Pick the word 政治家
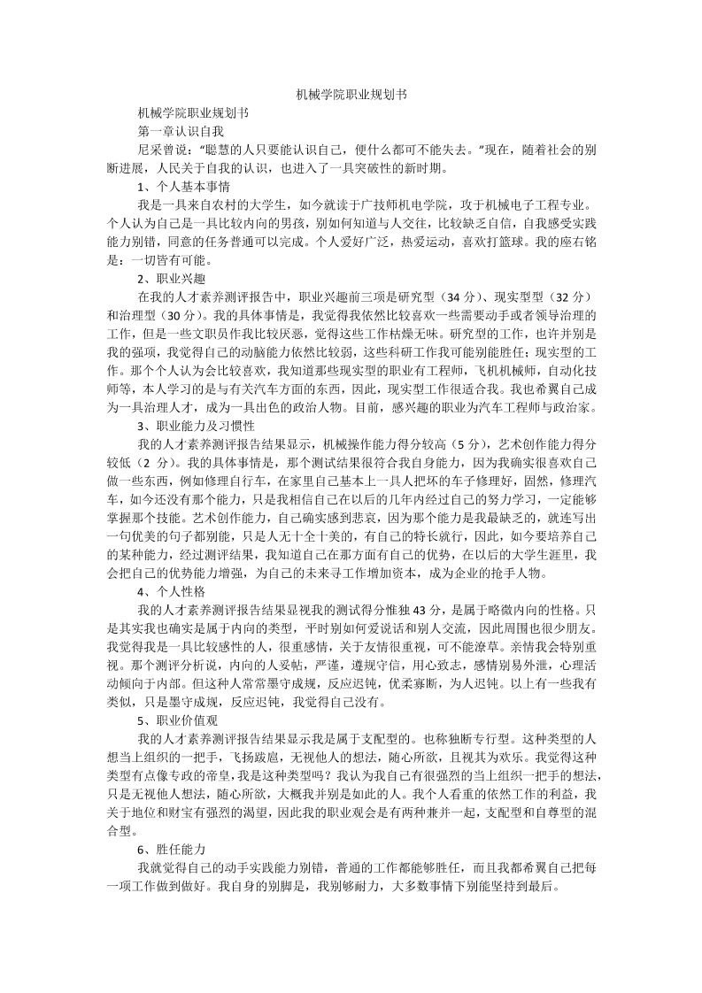tap(576, 408)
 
